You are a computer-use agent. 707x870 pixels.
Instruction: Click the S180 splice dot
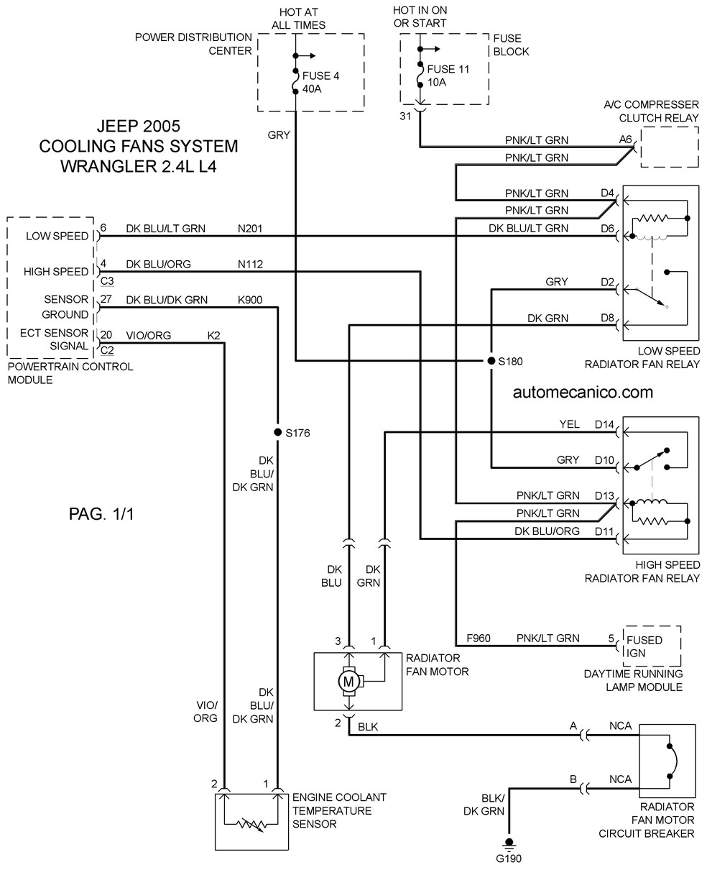[491, 361]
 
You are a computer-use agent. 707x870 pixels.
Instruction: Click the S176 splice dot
[277, 432]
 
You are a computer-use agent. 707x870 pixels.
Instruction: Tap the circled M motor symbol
[348, 682]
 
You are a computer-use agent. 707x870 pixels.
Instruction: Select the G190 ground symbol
[509, 843]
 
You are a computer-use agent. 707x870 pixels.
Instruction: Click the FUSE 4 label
[320, 76]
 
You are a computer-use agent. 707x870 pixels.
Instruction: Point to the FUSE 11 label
[448, 69]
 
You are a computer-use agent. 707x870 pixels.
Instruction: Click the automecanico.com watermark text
[583, 392]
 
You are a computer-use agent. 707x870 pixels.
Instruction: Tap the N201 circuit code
[250, 229]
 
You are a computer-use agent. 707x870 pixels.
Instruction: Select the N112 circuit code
[250, 265]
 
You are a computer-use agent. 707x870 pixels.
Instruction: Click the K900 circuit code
[250, 300]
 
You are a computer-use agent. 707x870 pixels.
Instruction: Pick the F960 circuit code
[479, 638]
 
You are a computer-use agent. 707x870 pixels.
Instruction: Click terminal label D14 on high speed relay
[604, 424]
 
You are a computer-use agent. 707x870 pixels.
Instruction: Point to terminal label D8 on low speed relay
[607, 318]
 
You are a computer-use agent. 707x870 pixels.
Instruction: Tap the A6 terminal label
[625, 139]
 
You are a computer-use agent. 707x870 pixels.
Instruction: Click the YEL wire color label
[569, 424]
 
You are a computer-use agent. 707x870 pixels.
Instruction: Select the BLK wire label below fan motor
[368, 727]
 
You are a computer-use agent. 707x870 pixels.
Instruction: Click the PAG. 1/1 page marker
[101, 514]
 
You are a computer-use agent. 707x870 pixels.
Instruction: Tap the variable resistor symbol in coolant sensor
[252, 824]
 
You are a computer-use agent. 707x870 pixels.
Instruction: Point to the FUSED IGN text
[644, 646]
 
